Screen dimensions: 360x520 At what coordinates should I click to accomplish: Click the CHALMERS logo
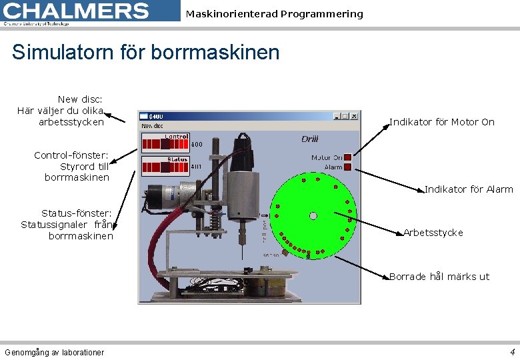[77, 11]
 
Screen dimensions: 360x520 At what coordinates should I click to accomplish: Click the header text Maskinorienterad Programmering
[274, 14]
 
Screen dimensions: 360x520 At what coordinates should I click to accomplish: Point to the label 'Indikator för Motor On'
[441, 122]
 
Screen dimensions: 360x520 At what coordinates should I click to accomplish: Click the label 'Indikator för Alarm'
[469, 189]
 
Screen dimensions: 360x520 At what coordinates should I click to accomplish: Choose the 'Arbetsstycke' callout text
[433, 233]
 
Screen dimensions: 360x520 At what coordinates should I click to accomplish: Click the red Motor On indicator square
[347, 157]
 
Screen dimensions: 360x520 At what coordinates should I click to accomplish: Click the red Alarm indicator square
[347, 167]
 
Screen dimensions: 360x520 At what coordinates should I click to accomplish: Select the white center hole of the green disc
[313, 215]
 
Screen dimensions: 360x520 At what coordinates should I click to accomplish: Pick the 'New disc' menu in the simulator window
[152, 125]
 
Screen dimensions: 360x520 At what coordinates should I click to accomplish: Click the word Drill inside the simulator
[309, 139]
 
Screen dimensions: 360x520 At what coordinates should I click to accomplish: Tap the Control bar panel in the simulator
[165, 142]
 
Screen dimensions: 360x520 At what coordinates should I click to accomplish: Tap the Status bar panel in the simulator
[165, 165]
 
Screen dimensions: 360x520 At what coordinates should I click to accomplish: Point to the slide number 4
[512, 352]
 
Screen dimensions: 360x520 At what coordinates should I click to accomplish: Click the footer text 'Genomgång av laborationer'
[54, 353]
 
